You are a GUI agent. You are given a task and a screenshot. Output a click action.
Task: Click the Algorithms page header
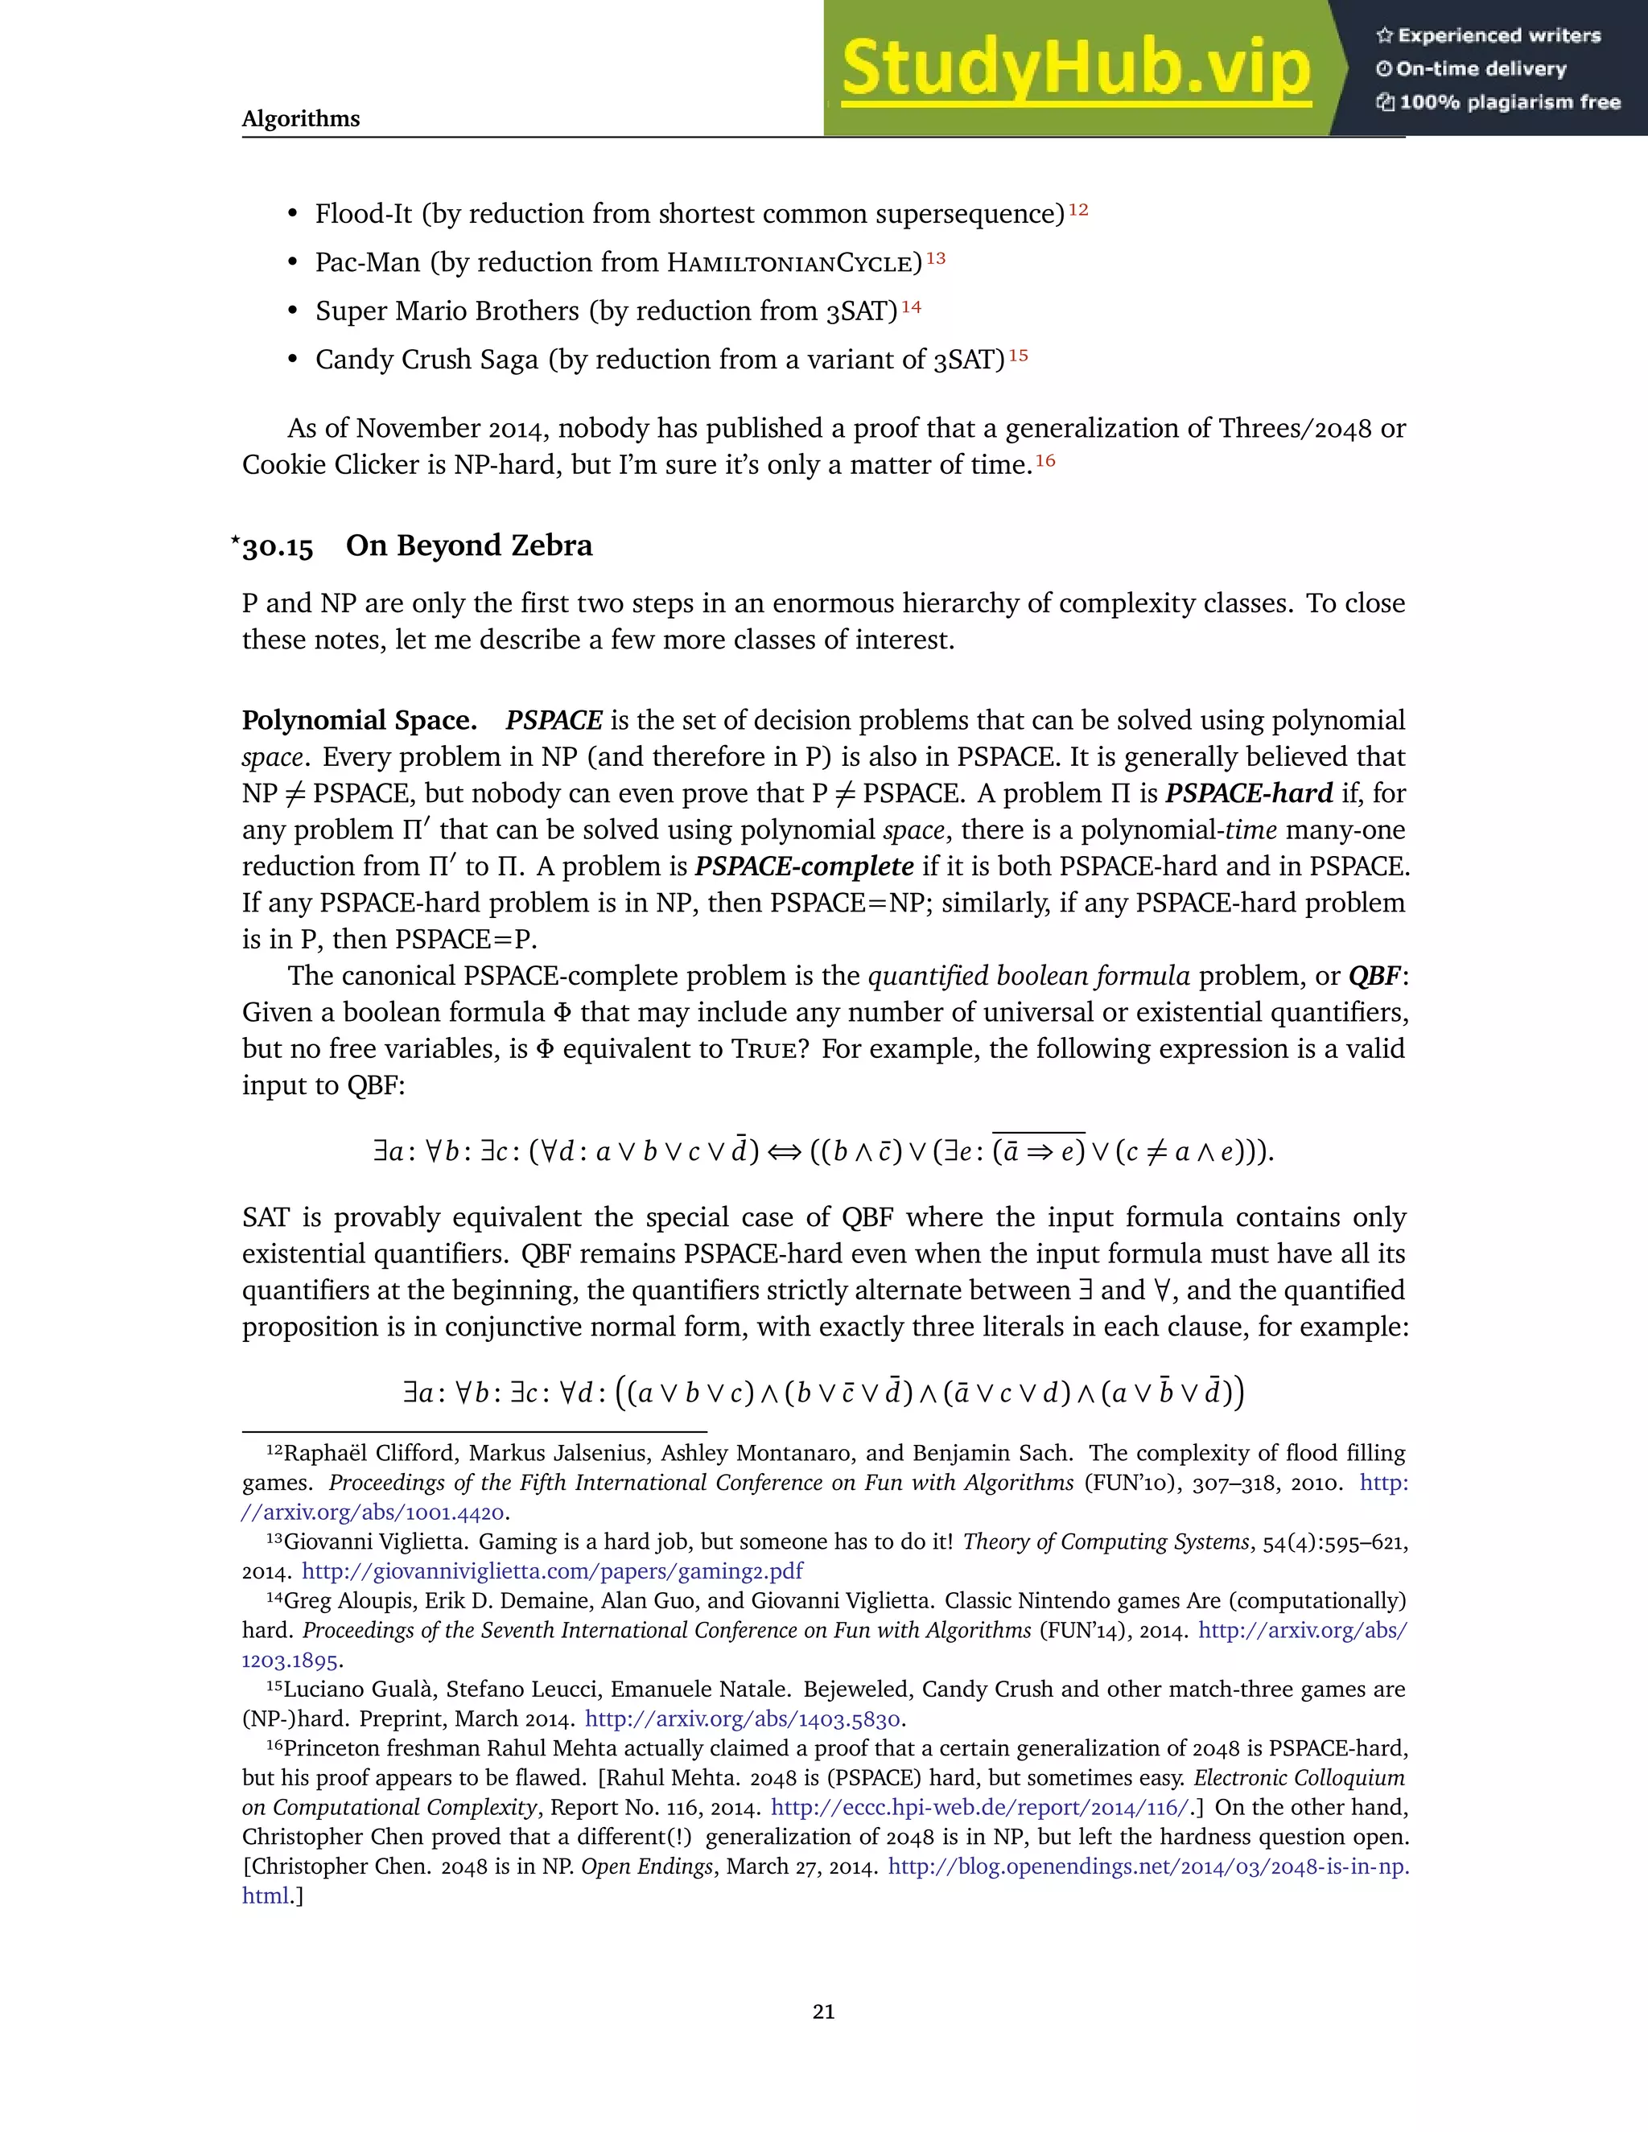[x=301, y=118]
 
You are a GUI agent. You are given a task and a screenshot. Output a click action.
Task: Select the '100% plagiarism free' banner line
[x=1509, y=102]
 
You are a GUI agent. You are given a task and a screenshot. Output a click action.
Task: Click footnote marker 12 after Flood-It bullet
[x=1077, y=209]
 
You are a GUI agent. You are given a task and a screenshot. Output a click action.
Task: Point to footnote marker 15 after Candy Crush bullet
[x=1018, y=356]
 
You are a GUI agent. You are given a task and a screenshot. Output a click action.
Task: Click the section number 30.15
[x=278, y=546]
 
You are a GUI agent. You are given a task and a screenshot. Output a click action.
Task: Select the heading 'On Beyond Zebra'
[x=468, y=545]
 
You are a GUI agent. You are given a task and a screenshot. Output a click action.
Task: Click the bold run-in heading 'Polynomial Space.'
[x=359, y=720]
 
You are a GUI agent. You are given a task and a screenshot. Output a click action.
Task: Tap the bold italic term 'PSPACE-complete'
[x=804, y=866]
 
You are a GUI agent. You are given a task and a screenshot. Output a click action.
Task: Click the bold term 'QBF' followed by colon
[x=1373, y=975]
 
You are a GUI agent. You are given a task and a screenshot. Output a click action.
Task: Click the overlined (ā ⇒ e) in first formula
[x=1039, y=1153]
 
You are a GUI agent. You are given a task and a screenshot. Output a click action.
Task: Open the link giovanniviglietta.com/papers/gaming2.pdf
[x=553, y=1570]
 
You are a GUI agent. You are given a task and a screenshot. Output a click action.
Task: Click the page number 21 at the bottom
[x=823, y=2012]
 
